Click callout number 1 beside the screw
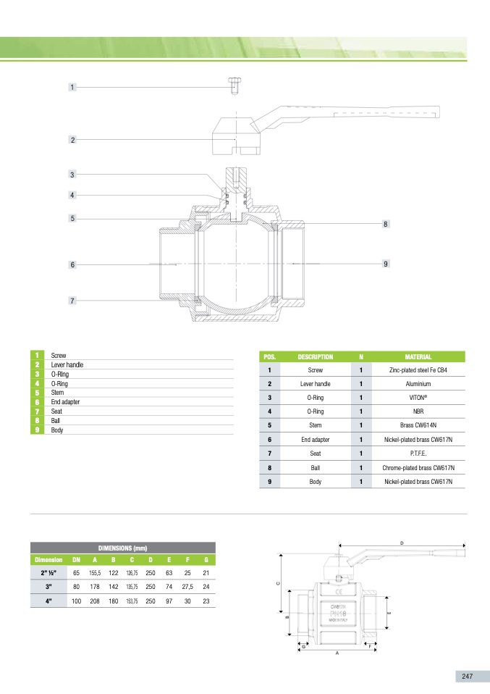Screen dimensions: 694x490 point(72,87)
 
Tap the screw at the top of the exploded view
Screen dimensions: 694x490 point(235,85)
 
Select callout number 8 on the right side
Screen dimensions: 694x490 point(386,225)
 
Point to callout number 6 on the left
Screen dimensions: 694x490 point(72,265)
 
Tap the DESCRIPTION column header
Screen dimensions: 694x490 point(315,356)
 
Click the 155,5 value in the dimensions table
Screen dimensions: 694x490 point(95,573)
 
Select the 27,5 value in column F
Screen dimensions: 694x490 point(187,587)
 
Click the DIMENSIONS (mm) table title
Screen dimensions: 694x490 point(122,548)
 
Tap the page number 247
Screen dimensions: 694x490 point(467,676)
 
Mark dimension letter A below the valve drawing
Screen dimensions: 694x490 point(337,653)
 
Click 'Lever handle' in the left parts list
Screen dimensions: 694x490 point(67,364)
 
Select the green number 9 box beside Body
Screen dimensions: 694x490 point(36,430)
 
